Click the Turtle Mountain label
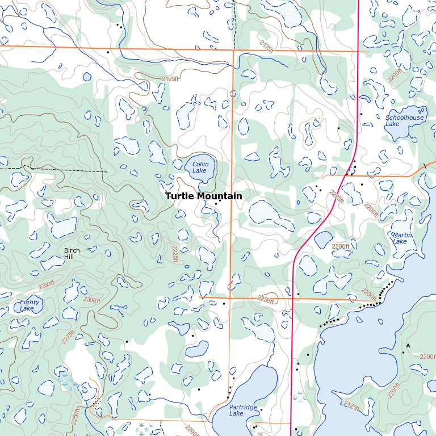(x=203, y=196)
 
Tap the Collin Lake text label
(x=200, y=167)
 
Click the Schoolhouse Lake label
(x=404, y=121)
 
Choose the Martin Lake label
(x=401, y=238)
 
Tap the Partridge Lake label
(x=244, y=410)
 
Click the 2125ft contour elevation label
(x=169, y=79)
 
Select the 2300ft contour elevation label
(x=91, y=300)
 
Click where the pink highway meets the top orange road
(x=358, y=52)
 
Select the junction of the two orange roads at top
(x=234, y=50)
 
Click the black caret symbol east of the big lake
(x=407, y=345)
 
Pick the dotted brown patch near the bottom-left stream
(x=96, y=403)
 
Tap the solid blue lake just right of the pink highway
(x=322, y=239)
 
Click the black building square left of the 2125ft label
(x=108, y=52)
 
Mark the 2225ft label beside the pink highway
(x=337, y=198)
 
